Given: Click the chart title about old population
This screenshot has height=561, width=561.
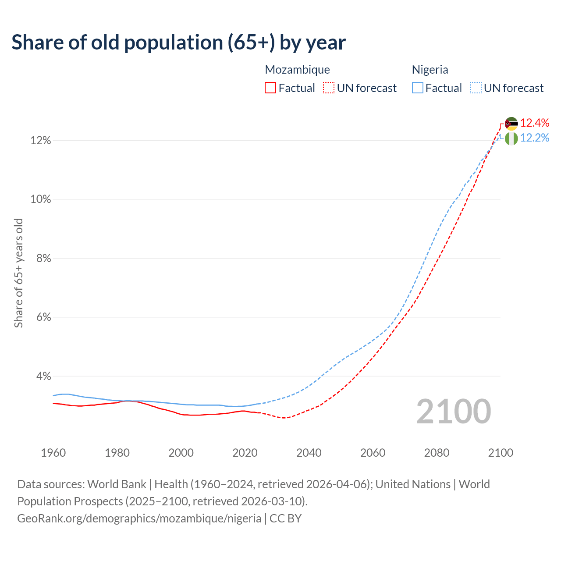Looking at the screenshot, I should tap(178, 43).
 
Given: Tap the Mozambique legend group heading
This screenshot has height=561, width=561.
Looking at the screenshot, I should tap(297, 70).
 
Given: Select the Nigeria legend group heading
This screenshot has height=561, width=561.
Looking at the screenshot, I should tap(430, 70).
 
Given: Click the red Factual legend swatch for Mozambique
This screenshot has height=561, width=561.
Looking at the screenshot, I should tap(270, 88).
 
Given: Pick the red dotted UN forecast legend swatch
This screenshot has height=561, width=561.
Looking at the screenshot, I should tap(329, 88).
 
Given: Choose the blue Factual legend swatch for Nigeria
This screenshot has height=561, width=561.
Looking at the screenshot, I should tap(418, 88).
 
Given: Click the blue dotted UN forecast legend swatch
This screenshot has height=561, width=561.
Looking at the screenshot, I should tap(476, 88).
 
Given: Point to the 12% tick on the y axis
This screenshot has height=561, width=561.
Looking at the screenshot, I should tap(40, 141).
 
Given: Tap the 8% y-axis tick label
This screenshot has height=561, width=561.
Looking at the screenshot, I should tap(43, 259).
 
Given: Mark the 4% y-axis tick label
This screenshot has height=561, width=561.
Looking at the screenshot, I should tap(43, 376).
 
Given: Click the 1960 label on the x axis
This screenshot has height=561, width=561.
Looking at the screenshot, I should tap(53, 453).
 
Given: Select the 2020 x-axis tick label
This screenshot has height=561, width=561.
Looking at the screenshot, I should tap(245, 453).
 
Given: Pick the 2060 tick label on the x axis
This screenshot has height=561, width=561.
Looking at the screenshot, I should tap(373, 453).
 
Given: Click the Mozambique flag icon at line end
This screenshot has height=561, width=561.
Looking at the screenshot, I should tap(511, 124).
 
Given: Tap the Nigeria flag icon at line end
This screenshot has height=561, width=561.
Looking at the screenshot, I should tap(511, 138).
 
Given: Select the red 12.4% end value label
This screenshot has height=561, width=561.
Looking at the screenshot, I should tap(535, 123).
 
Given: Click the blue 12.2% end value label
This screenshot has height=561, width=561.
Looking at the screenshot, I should tap(535, 138).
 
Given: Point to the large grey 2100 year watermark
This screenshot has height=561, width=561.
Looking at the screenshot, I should tap(454, 412).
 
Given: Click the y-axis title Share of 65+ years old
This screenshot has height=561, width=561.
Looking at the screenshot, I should tap(18, 273).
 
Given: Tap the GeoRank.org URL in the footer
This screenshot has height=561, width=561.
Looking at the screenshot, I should tap(139, 518).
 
